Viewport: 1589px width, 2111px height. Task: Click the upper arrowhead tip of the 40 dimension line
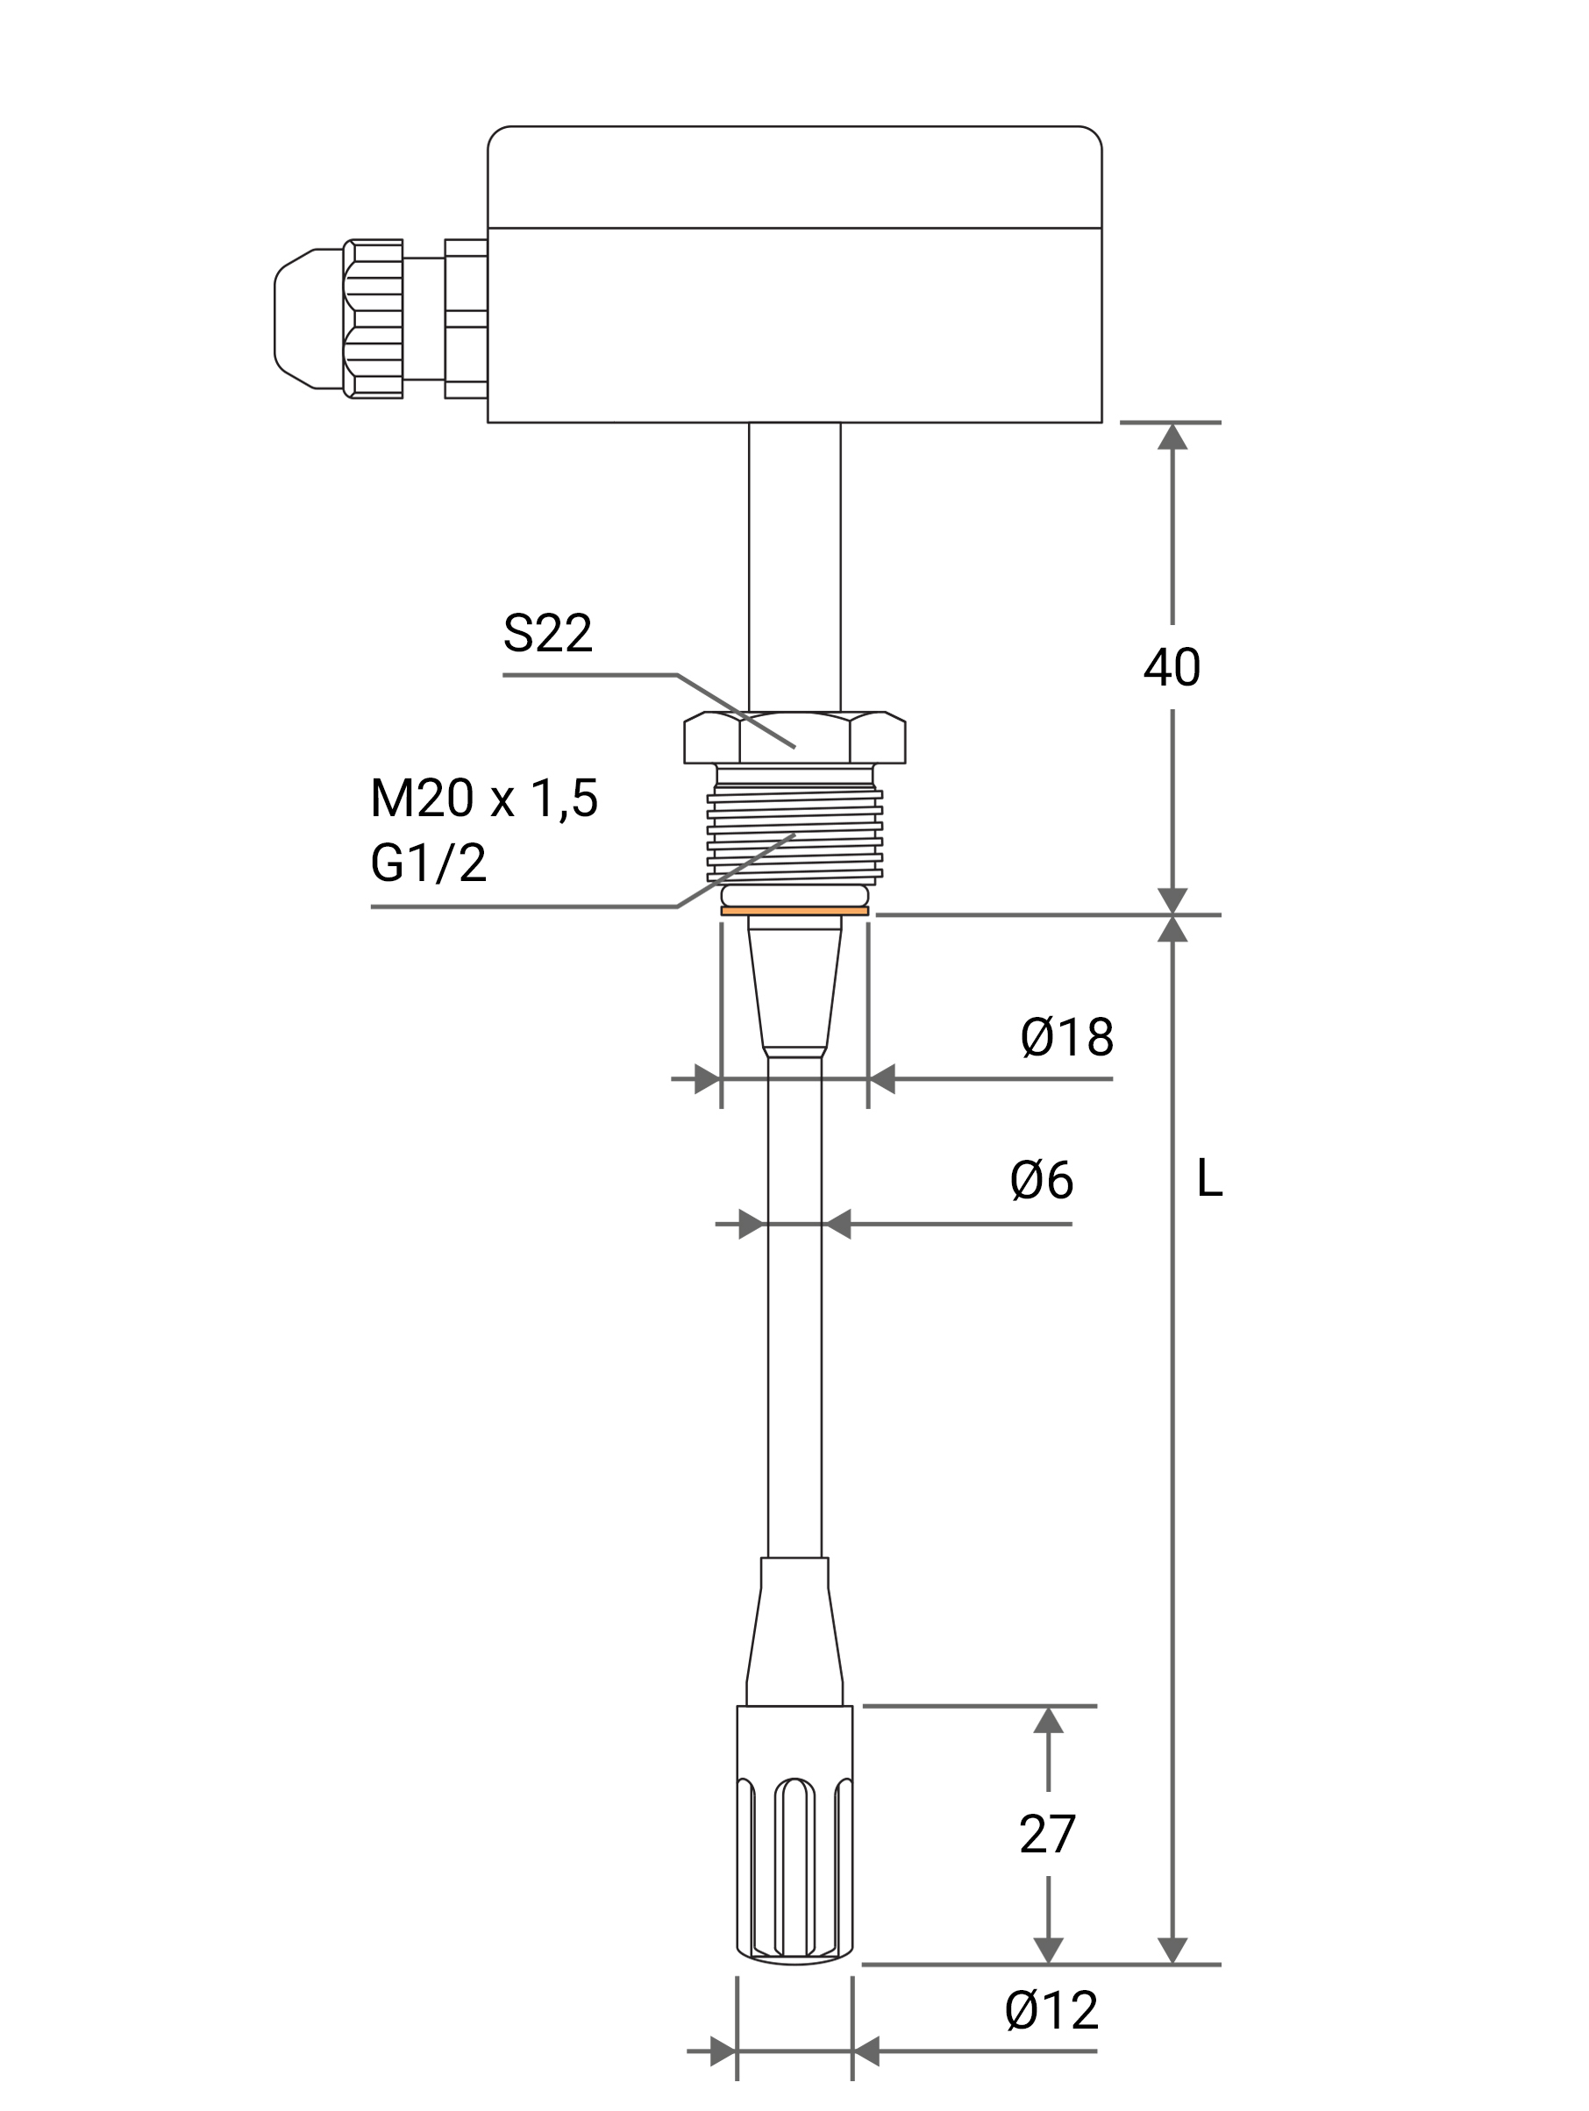pos(1172,423)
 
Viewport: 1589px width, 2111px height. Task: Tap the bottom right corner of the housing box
pos(1101,422)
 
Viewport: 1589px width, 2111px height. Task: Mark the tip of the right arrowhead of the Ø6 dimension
pos(823,1224)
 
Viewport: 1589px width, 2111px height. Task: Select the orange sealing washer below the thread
pos(794,911)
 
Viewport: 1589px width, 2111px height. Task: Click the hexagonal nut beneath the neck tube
pos(794,736)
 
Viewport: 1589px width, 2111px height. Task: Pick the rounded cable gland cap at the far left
pos(309,319)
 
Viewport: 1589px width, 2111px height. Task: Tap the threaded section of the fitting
pos(794,832)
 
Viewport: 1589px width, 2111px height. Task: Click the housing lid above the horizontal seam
pos(794,176)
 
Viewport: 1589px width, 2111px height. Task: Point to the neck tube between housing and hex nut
pos(794,567)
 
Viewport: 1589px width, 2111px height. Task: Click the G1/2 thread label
pos(429,864)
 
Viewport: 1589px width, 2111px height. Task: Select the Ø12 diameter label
pos(1051,2012)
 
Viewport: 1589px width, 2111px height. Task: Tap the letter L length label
pos(1209,1178)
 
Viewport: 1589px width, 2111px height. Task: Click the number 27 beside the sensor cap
pos(1047,1834)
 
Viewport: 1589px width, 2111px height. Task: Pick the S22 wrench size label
pos(548,633)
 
